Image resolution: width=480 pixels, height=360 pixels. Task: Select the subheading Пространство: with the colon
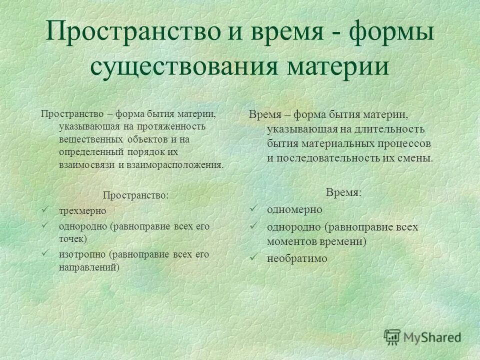point(136,194)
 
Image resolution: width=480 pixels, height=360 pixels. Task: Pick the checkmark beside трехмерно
point(46,209)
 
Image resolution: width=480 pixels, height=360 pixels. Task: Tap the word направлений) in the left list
point(89,266)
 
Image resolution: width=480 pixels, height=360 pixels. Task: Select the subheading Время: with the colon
point(343,192)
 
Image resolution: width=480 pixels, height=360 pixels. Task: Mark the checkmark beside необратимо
point(253,257)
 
